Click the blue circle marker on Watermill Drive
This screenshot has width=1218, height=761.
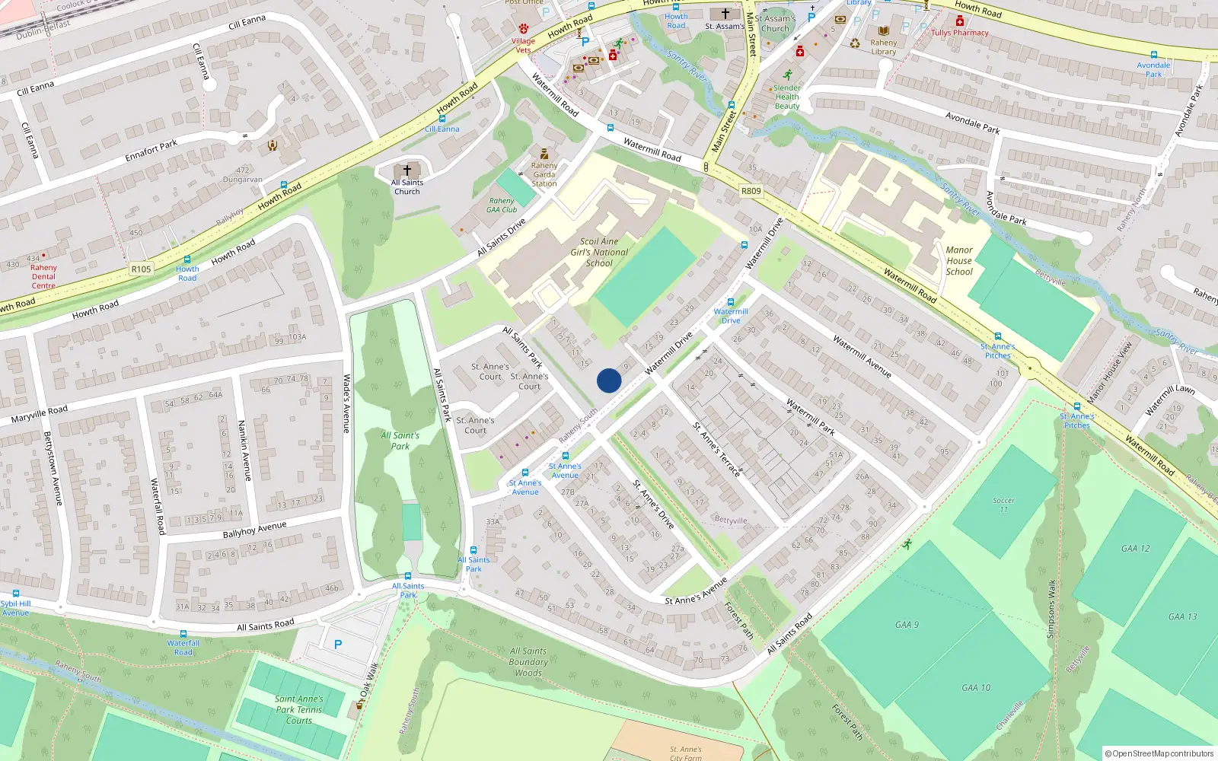tap(609, 380)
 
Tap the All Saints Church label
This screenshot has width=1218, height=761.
tap(407, 186)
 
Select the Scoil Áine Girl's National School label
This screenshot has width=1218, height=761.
tap(599, 252)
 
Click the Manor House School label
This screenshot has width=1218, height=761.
tap(959, 260)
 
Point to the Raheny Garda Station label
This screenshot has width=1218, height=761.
tap(544, 174)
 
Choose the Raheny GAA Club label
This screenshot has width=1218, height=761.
tap(502, 205)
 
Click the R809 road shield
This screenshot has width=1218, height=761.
tap(751, 191)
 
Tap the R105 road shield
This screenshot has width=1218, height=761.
tap(141, 269)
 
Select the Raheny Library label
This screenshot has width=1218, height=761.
tap(883, 47)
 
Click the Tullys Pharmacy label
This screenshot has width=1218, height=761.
tap(960, 33)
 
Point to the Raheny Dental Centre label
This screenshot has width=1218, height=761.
tap(43, 276)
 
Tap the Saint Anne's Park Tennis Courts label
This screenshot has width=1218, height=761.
tap(299, 709)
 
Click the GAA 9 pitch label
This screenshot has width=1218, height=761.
tap(907, 625)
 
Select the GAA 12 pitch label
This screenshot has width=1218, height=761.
tap(1135, 549)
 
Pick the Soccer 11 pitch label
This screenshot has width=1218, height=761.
tap(1003, 505)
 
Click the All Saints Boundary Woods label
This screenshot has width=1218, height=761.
tap(528, 662)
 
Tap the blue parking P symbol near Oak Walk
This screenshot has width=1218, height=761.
tap(338, 645)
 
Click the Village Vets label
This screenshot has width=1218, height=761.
tap(523, 45)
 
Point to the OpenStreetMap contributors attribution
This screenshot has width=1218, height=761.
tap(1159, 753)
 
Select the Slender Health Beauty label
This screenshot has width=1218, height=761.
tap(787, 97)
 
